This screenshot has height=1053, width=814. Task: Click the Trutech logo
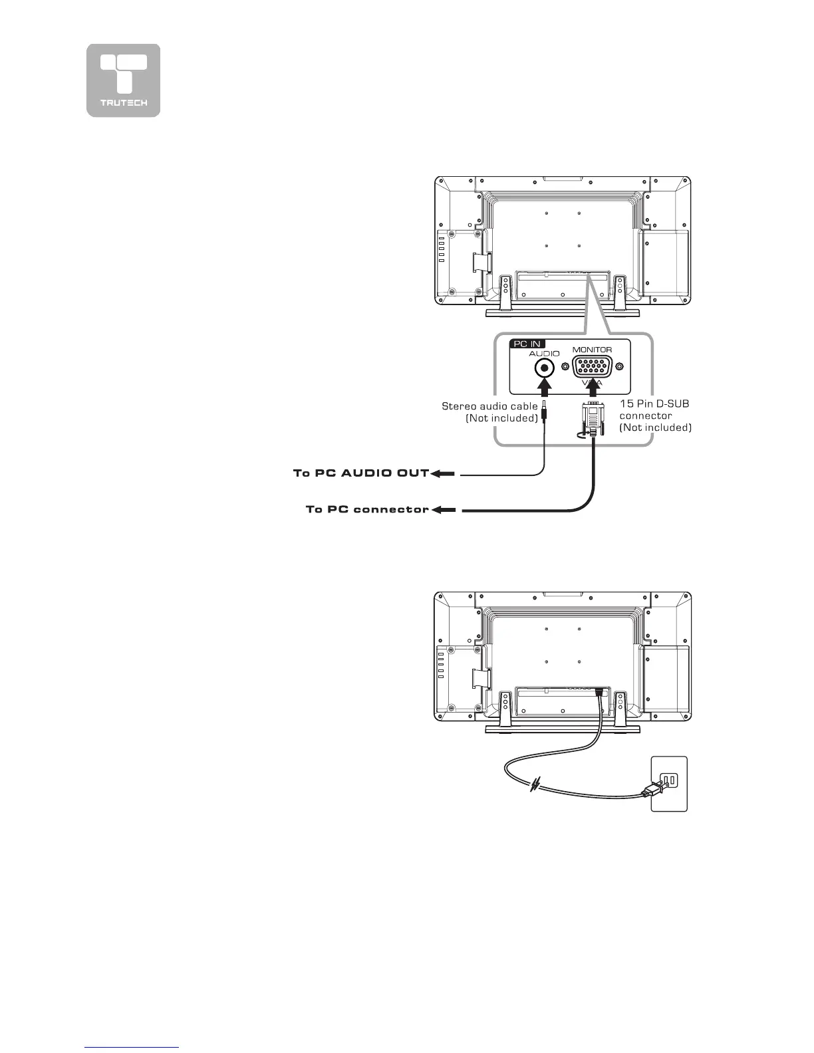point(123,80)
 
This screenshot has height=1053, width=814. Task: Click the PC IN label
point(527,344)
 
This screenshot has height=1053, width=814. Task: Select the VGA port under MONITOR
point(592,367)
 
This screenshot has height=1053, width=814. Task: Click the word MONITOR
point(592,350)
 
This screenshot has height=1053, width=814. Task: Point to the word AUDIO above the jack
point(544,354)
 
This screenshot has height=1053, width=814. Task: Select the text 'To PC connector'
point(367,509)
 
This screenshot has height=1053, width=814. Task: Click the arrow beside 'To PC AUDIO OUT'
point(443,474)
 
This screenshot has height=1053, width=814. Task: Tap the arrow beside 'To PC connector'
point(444,510)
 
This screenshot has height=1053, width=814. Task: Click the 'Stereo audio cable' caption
point(490,406)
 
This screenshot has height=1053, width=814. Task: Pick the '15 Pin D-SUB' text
point(650,404)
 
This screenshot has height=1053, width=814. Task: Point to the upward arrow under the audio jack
point(545,388)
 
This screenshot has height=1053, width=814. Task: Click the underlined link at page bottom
point(132,1048)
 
